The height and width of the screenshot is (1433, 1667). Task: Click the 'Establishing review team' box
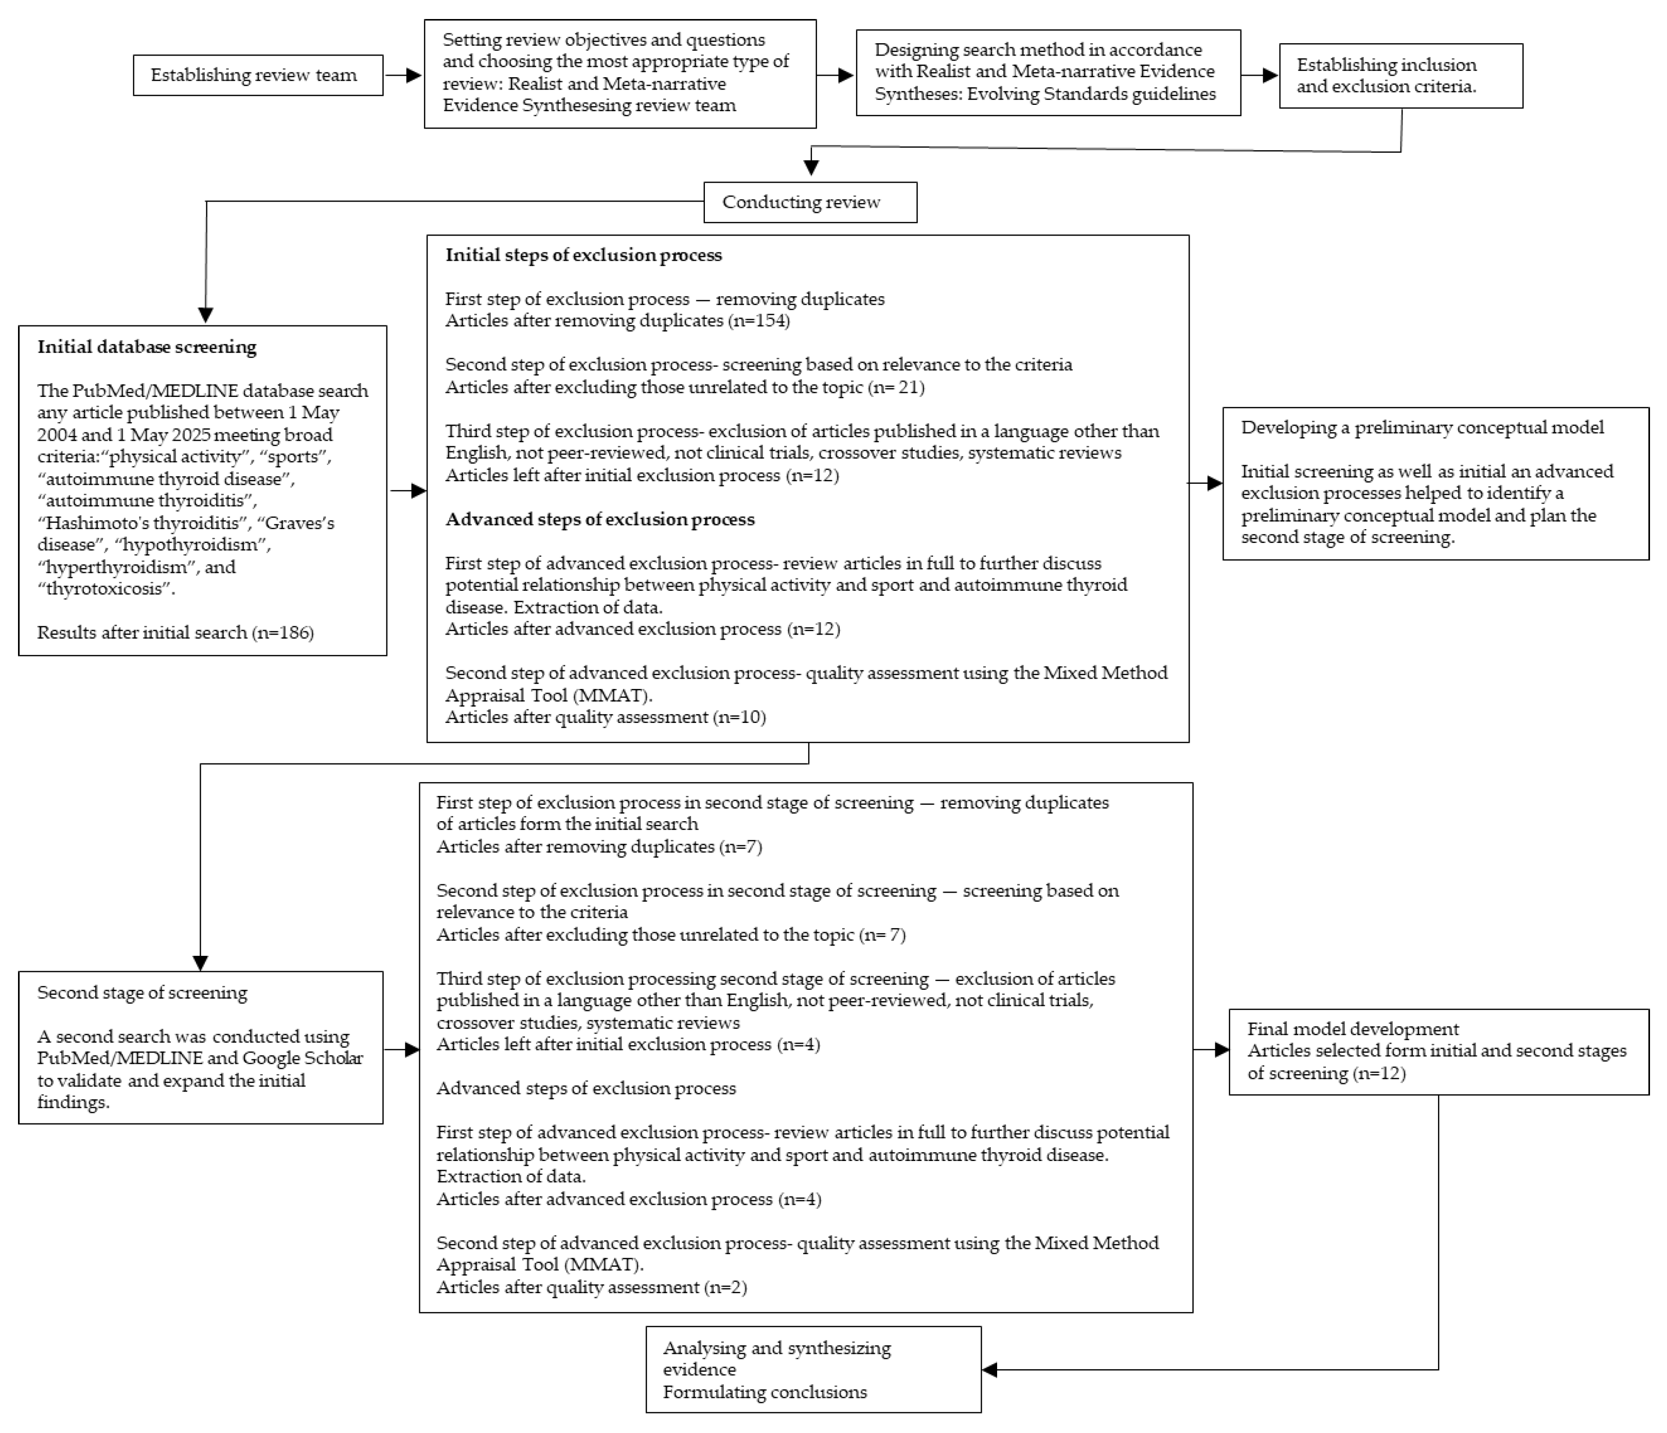257,76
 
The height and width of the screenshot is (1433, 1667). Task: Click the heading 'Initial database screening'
147,348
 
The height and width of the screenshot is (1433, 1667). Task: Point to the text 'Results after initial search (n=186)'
175,633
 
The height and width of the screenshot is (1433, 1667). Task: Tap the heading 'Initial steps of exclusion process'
583,256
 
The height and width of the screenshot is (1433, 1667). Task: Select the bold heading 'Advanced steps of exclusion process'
599,519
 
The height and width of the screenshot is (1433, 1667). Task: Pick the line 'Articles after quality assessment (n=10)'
605,717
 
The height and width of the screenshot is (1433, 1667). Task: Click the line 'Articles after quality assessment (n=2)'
591,1287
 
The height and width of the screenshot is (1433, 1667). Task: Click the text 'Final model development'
1353,1029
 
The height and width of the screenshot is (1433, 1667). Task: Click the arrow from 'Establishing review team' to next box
403,76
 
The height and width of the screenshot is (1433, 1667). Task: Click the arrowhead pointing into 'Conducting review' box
811,167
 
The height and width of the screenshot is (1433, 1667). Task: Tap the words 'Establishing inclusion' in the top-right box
1386,65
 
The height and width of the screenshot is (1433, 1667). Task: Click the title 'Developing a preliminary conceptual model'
1422,428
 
